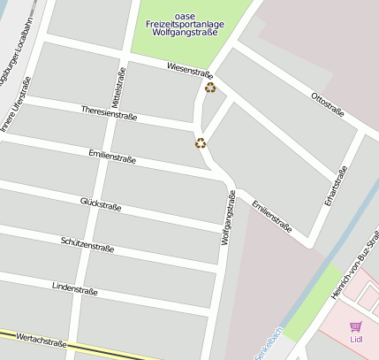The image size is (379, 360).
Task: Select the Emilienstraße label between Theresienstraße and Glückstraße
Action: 112,156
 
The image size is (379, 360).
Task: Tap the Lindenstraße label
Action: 75,288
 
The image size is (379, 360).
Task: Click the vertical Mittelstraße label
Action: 119,88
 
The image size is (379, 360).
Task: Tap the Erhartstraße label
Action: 334,186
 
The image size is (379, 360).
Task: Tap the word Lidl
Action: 356,339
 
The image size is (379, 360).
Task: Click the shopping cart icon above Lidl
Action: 356,326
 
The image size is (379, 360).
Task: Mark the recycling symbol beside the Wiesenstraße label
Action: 210,87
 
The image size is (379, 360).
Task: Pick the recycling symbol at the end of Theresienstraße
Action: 201,142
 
